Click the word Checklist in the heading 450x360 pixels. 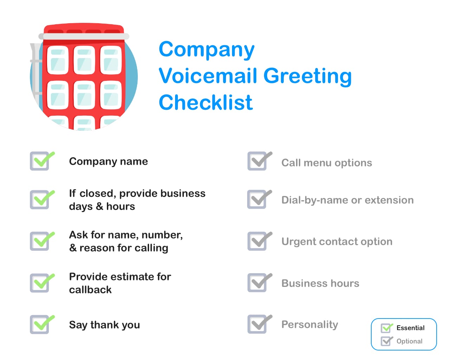point(206,103)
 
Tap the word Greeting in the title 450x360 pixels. point(307,76)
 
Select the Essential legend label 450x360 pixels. point(410,328)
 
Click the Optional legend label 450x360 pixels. point(409,341)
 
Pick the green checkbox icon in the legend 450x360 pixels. point(386,328)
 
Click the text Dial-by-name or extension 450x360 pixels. point(347,200)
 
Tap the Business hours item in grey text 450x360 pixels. point(320,283)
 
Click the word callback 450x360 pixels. point(90,290)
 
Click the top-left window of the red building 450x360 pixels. point(58,60)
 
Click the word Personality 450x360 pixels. point(310,324)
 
